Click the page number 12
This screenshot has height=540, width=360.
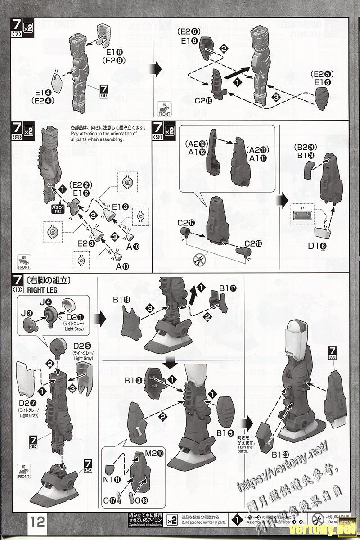click(x=37, y=522)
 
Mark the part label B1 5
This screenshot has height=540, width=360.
click(x=225, y=433)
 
